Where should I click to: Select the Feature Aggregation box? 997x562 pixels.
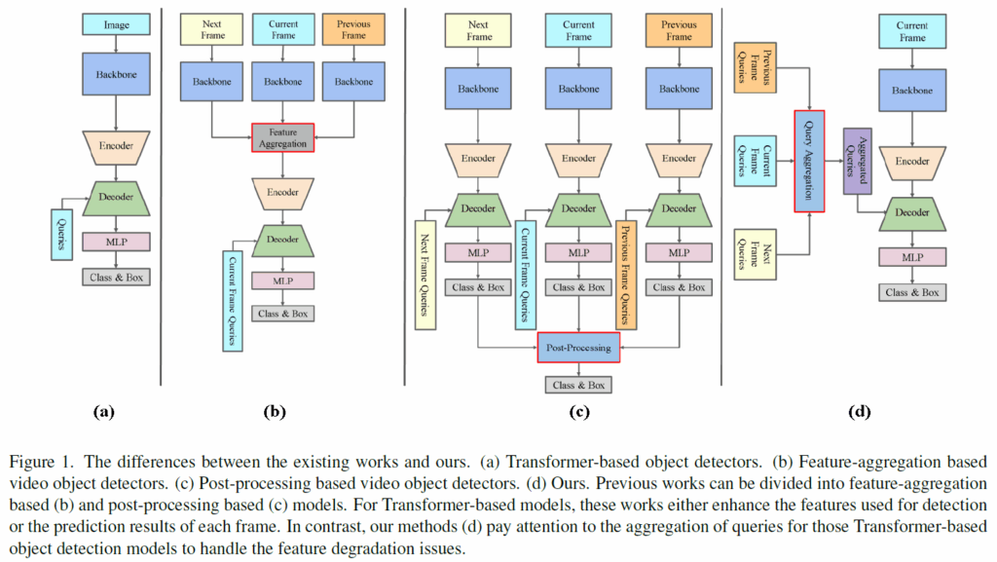pos(280,136)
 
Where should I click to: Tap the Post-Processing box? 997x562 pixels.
pos(578,348)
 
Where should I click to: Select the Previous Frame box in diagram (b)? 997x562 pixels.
pos(353,28)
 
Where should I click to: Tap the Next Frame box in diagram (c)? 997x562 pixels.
pos(478,30)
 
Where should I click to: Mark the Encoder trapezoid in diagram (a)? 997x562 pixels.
pos(116,146)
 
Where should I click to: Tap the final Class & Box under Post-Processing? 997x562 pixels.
pos(578,384)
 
